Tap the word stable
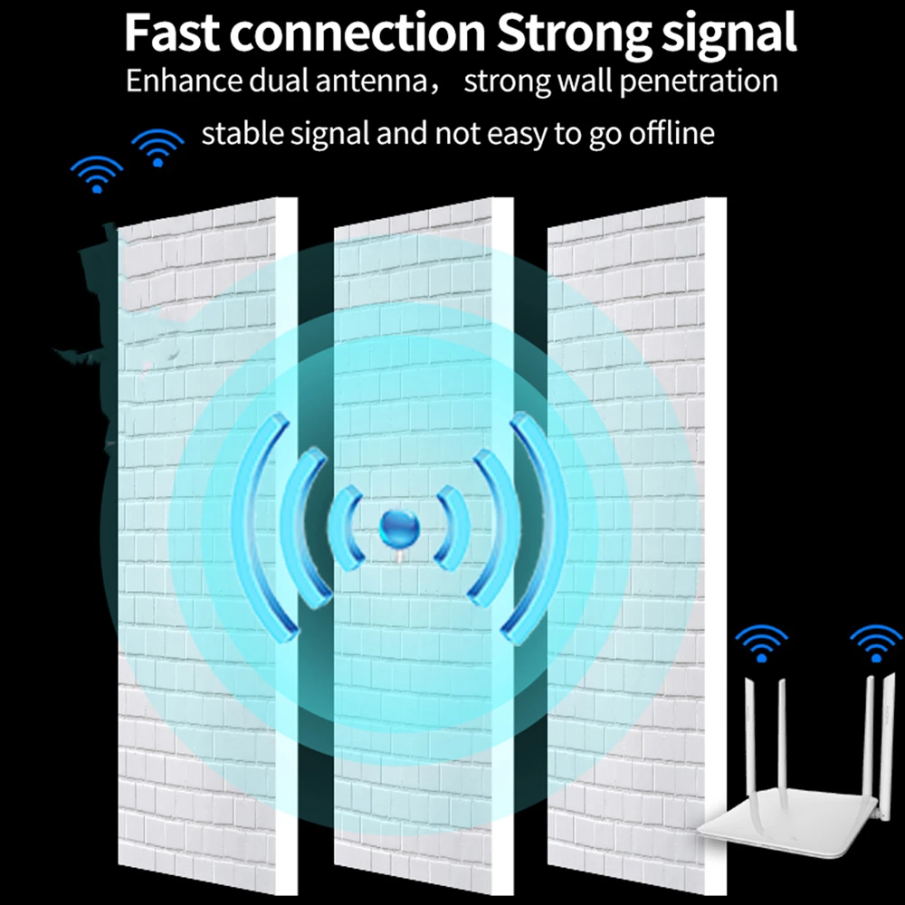pos(239,134)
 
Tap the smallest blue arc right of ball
pos(451,527)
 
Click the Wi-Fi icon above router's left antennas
pos(760,644)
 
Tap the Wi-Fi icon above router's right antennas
pos(875,644)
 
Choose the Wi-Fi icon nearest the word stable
pos(158,148)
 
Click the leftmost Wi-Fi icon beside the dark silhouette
pos(97,174)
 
